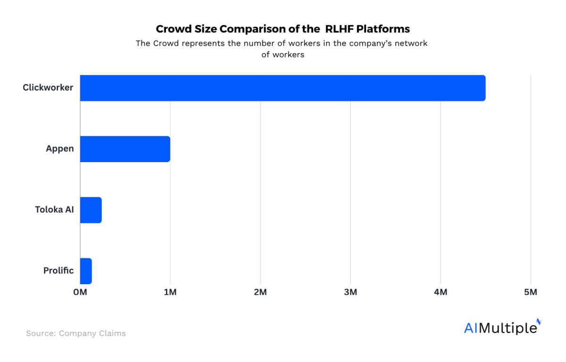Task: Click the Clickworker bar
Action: click(283, 88)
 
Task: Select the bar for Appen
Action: click(125, 148)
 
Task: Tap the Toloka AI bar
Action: click(91, 210)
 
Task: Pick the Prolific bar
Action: click(86, 271)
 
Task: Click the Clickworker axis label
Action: click(48, 87)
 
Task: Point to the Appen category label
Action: click(60, 148)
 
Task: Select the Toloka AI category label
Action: click(54, 209)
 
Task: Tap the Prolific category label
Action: click(58, 271)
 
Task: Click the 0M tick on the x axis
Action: click(80, 292)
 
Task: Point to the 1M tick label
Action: click(170, 292)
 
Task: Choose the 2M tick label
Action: click(260, 292)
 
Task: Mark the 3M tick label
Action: click(350, 292)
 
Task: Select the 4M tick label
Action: click(441, 292)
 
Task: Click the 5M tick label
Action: click(531, 292)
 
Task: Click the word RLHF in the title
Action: click(339, 29)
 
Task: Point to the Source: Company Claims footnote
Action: click(76, 333)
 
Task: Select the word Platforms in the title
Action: click(383, 29)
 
